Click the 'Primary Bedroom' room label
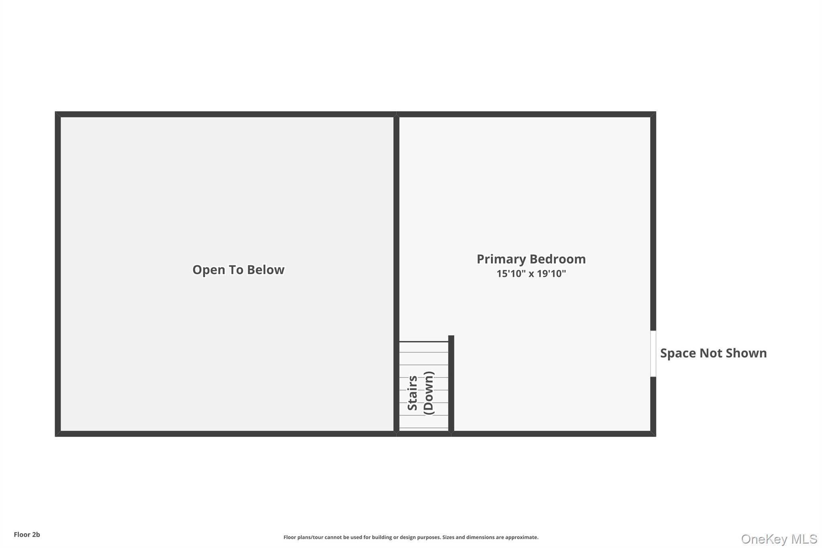pyautogui.click(x=531, y=259)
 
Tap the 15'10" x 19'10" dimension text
pyautogui.click(x=531, y=274)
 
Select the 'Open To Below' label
pyautogui.click(x=238, y=269)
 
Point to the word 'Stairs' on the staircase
pyautogui.click(x=413, y=393)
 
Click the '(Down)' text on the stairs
pyautogui.click(x=429, y=393)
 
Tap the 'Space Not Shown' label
pyautogui.click(x=713, y=353)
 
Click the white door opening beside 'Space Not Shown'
pyautogui.click(x=653, y=354)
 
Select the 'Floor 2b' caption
pyautogui.click(x=27, y=535)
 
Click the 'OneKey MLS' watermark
pyautogui.click(x=779, y=539)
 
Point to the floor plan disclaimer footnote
pyautogui.click(x=411, y=537)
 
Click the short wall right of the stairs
pyautogui.click(x=451, y=384)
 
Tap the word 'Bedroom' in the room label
pyautogui.click(x=558, y=259)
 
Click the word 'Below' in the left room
pyautogui.click(x=265, y=269)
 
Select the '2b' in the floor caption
pyautogui.click(x=36, y=535)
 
